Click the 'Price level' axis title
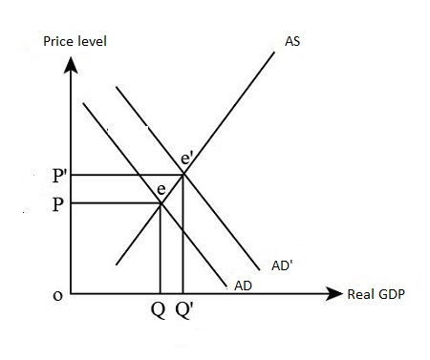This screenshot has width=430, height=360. pos(75,42)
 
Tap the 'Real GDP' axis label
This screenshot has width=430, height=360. pos(376,294)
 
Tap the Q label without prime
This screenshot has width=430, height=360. pos(157,312)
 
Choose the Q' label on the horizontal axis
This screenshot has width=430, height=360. pos(185,312)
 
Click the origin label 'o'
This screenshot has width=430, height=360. pos(56,295)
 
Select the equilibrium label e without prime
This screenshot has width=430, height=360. pos(162,189)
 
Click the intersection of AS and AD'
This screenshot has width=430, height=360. pos(183,175)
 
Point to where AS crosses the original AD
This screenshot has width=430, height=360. pos(160,202)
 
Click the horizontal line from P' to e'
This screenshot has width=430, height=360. pos(124,175)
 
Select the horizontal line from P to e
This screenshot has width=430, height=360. pos(115,202)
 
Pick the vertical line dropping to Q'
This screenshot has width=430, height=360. pos(183,239)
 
